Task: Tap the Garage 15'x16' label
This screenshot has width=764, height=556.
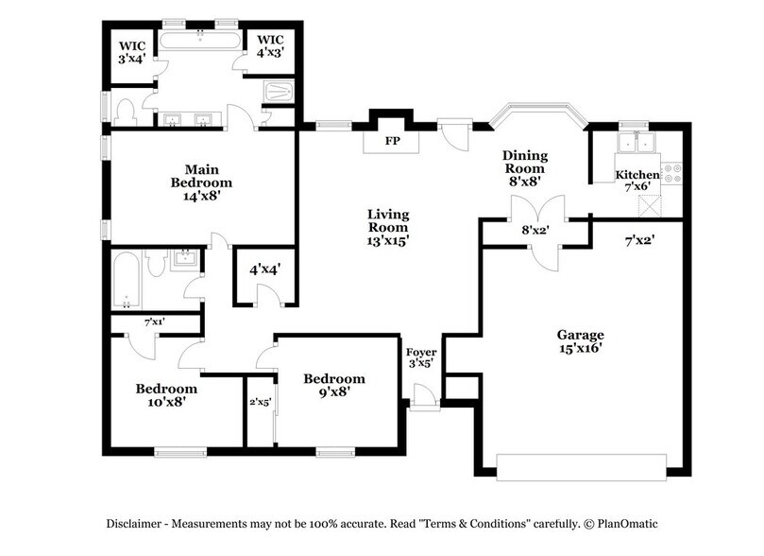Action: (x=579, y=341)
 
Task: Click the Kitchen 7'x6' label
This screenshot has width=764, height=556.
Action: (x=637, y=180)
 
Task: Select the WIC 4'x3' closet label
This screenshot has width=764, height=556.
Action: (x=268, y=46)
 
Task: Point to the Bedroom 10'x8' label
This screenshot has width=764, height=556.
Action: (x=165, y=393)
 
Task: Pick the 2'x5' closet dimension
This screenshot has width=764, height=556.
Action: (x=260, y=402)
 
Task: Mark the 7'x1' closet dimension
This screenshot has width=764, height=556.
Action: (x=154, y=322)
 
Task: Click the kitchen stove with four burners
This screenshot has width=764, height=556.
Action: (x=672, y=173)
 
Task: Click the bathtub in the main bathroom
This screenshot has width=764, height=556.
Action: (x=200, y=41)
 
